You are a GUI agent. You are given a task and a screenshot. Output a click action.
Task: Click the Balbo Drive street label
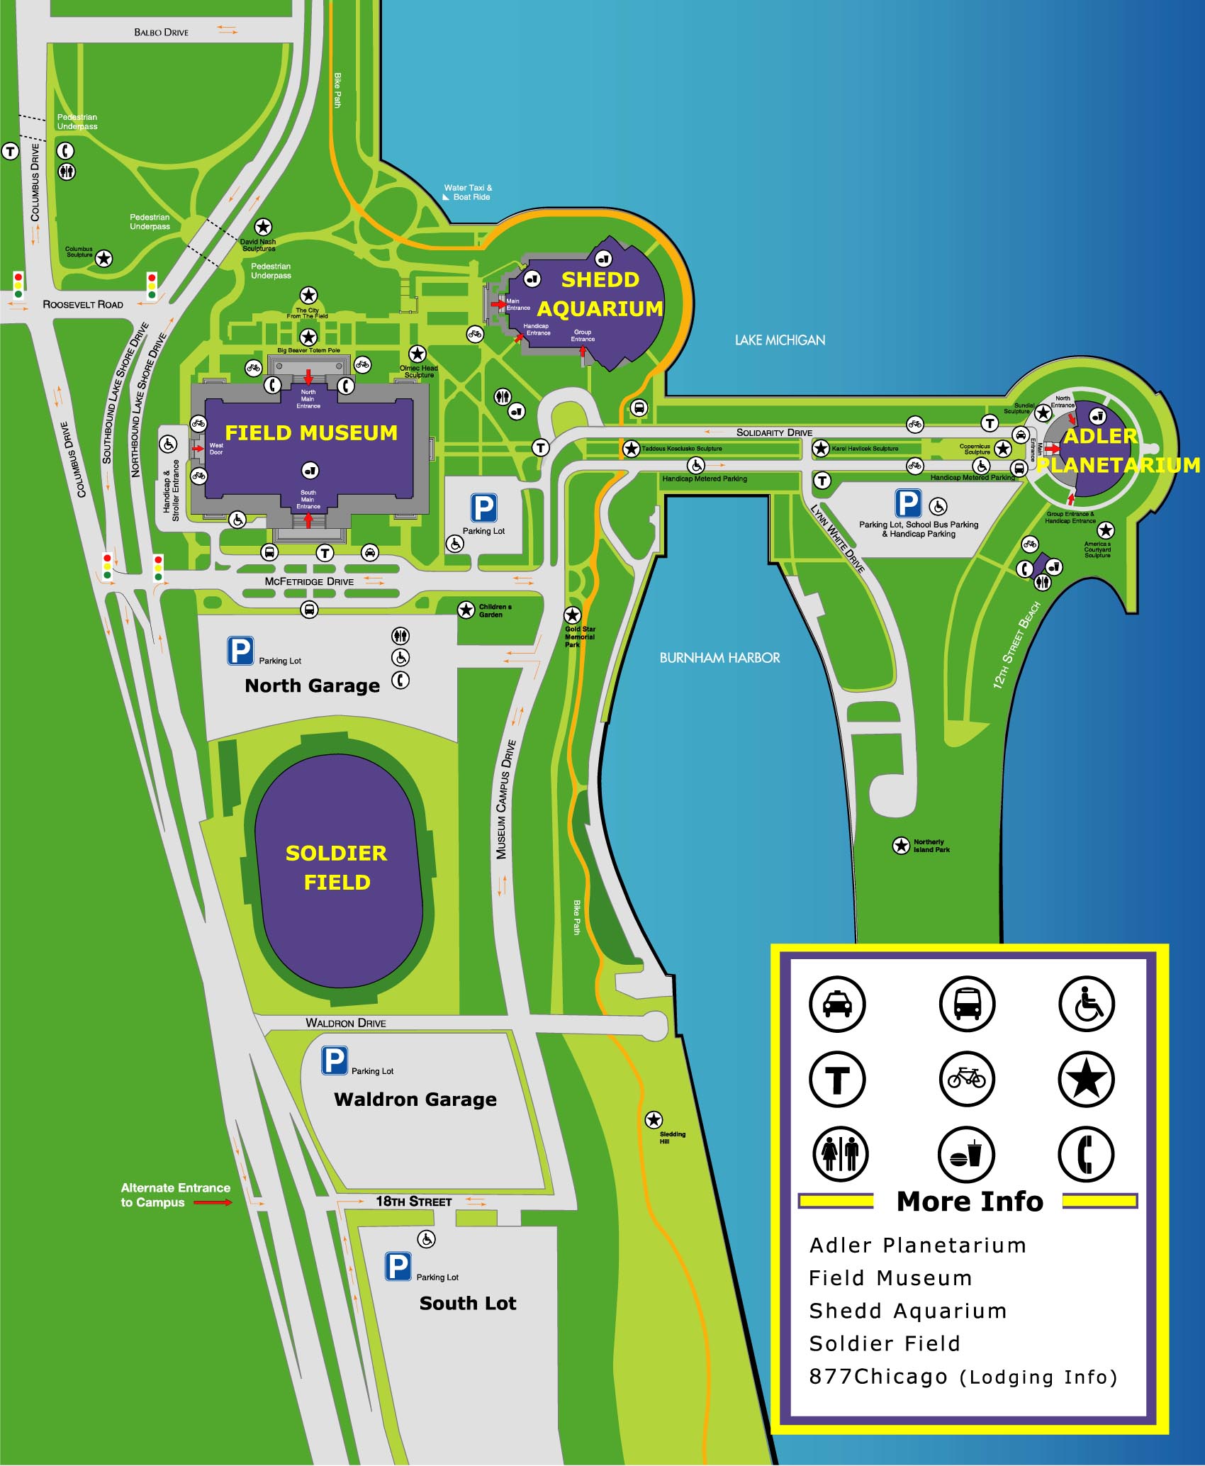tap(161, 32)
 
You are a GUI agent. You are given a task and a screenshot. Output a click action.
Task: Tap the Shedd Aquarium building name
tap(600, 294)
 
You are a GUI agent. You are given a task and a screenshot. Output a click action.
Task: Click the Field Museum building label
tap(311, 432)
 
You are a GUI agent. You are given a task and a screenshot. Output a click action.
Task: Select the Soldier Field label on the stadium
tap(337, 867)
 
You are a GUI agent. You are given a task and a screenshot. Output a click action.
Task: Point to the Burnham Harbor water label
tap(719, 658)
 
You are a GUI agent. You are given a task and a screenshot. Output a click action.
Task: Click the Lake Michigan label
tap(780, 340)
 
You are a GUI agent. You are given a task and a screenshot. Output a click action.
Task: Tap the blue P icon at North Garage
tap(240, 651)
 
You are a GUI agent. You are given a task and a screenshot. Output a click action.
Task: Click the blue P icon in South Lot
tap(398, 1267)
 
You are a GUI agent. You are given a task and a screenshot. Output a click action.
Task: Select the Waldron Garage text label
tap(415, 1099)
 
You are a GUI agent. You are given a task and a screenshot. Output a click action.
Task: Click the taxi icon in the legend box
tap(837, 1004)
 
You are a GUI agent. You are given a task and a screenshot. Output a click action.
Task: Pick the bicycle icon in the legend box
tap(966, 1079)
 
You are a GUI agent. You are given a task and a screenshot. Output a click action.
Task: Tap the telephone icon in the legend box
tap(1086, 1154)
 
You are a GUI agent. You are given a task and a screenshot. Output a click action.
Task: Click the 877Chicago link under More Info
tap(963, 1377)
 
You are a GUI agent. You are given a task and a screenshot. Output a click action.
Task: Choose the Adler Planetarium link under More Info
tap(917, 1245)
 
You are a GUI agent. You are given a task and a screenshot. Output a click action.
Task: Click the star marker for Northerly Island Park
tap(901, 845)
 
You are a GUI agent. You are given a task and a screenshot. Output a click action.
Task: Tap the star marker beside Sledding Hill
tap(654, 1120)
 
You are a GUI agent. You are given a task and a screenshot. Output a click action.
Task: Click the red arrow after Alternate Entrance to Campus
tap(213, 1202)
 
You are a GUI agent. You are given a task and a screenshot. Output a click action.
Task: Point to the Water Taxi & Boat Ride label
tap(468, 192)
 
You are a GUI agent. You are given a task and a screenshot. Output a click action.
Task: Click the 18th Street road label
tap(413, 1202)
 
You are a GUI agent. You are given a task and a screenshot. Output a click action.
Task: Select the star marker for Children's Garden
tap(466, 610)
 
